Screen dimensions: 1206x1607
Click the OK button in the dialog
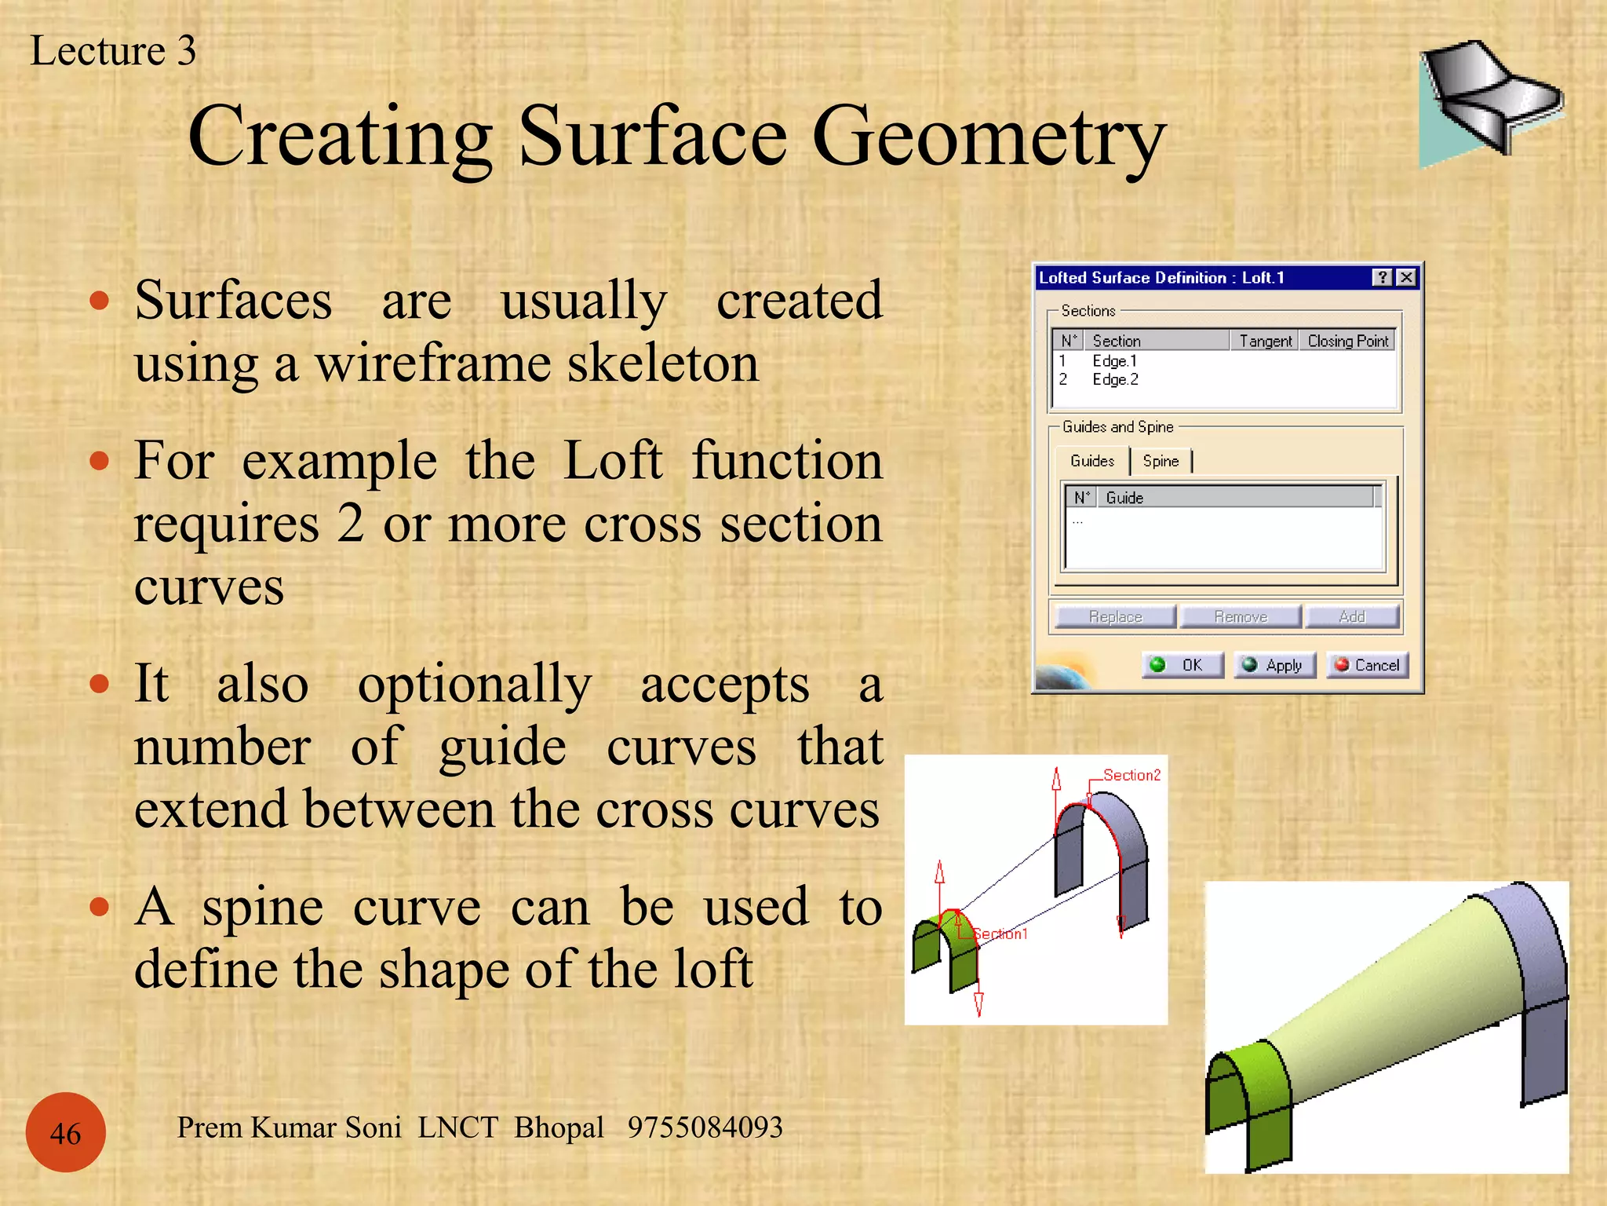click(x=1182, y=665)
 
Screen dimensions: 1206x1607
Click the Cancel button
click(x=1368, y=665)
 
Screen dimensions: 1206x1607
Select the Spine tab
click(x=1161, y=461)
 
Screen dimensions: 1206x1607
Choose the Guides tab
click(x=1091, y=461)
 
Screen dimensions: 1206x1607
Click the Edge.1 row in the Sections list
click(x=1114, y=361)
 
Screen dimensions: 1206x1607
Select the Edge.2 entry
click(x=1115, y=380)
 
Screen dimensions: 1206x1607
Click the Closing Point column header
click(x=1347, y=341)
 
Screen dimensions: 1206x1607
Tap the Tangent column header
click(x=1265, y=341)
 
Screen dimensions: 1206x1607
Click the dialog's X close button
click(x=1407, y=278)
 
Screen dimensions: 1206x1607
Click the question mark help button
click(x=1383, y=278)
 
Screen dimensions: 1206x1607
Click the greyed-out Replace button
click(x=1115, y=616)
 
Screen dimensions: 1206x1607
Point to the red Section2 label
click(x=1131, y=775)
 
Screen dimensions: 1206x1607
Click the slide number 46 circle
click(x=66, y=1132)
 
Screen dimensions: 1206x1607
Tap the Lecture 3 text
click(x=113, y=51)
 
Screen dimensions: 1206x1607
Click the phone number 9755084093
click(x=705, y=1127)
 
